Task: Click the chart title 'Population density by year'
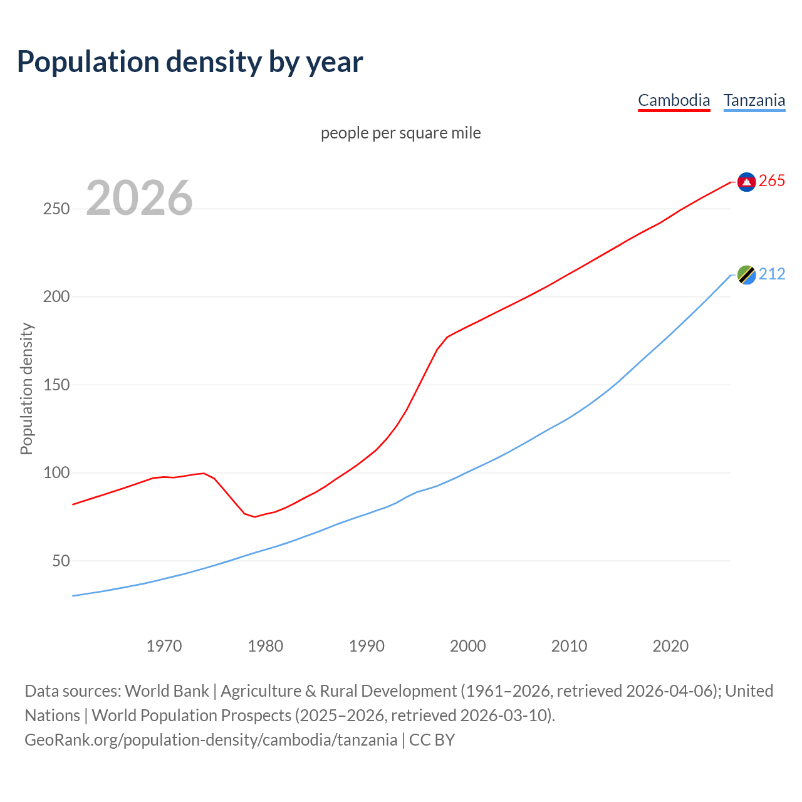(x=190, y=61)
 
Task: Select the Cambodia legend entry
(x=674, y=100)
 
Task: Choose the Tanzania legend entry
(x=754, y=100)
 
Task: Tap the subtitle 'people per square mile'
(x=400, y=133)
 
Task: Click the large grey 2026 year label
(x=139, y=198)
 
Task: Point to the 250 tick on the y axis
(x=56, y=209)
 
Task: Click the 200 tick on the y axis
(x=56, y=297)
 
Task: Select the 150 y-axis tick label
(x=56, y=385)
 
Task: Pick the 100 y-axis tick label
(x=56, y=473)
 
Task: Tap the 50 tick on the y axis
(x=61, y=561)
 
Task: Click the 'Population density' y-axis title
(x=26, y=388)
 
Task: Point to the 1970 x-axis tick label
(x=164, y=646)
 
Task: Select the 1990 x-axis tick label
(x=367, y=646)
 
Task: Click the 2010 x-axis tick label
(x=569, y=646)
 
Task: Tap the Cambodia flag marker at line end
(x=746, y=182)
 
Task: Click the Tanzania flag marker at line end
(x=746, y=274)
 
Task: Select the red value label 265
(x=772, y=181)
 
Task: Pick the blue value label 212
(x=772, y=274)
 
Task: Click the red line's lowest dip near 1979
(x=254, y=516)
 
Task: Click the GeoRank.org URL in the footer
(x=211, y=740)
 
